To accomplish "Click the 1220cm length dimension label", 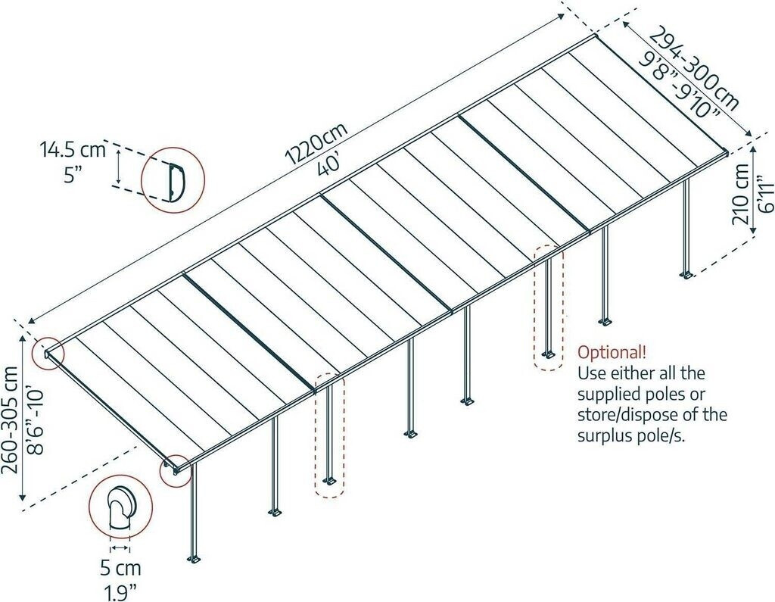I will pos(316,144).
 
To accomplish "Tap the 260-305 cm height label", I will pos(11,419).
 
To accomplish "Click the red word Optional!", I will pos(612,352).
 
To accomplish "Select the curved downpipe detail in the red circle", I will pos(119,510).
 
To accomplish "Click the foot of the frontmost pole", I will pos(195,560).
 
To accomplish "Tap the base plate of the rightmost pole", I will pos(687,273).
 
